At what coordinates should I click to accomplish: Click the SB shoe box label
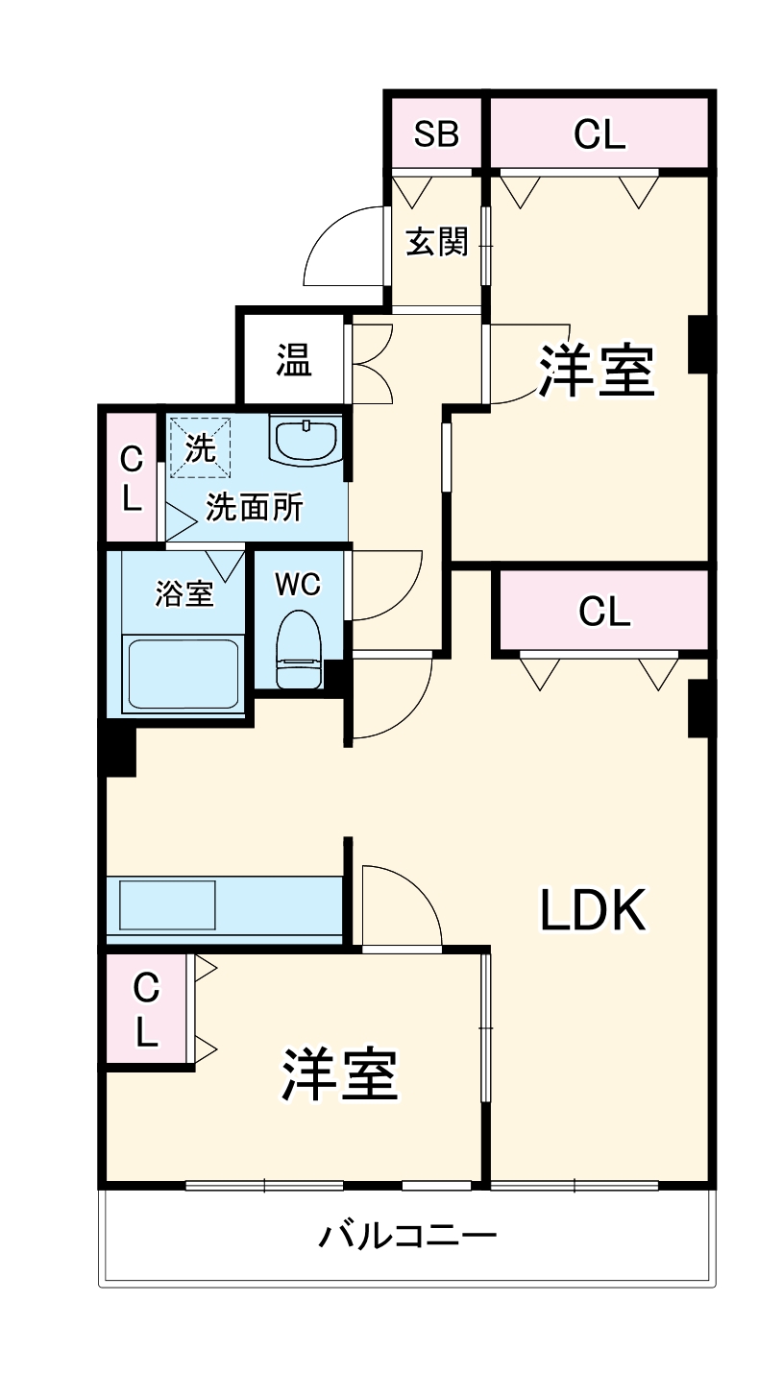(x=436, y=134)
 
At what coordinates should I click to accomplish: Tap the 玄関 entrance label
(x=436, y=242)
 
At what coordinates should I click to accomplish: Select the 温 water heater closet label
(x=294, y=360)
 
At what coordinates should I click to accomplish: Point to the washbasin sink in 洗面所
(x=306, y=441)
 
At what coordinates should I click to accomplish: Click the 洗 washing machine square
(x=200, y=447)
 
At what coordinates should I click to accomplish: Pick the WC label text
(x=298, y=584)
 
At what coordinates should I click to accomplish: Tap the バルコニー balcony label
(x=407, y=1234)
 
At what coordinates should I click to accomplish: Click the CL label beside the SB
(x=599, y=135)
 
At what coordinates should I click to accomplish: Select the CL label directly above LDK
(x=604, y=612)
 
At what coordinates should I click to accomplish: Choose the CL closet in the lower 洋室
(x=146, y=1009)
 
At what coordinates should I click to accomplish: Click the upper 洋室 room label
(x=596, y=371)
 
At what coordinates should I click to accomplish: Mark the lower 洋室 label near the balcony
(x=339, y=1074)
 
